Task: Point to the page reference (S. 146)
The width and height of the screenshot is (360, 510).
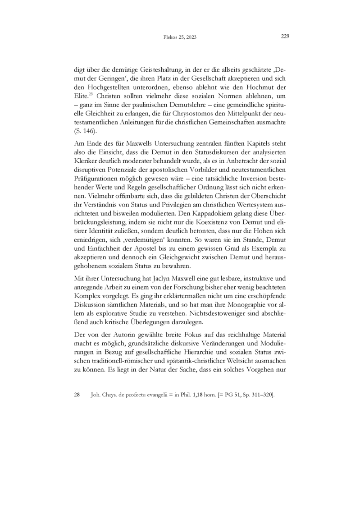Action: pos(83,131)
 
